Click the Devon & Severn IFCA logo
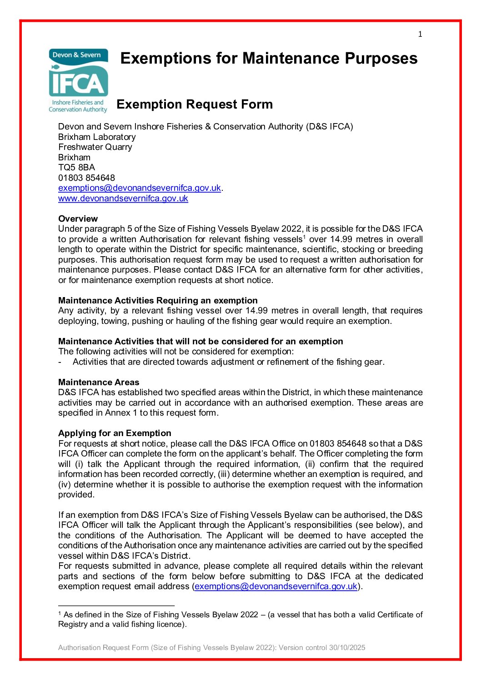click(78, 80)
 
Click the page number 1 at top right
click(420, 34)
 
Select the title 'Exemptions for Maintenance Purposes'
click(269, 59)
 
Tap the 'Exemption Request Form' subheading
click(195, 104)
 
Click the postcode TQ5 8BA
click(76, 168)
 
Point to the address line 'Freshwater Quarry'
click(95, 147)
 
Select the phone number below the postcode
click(86, 178)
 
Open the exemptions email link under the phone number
click(139, 188)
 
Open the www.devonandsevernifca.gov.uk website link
click(123, 199)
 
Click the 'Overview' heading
click(78, 218)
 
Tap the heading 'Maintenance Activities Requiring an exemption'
click(158, 300)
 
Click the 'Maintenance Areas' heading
click(99, 382)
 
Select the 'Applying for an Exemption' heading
click(115, 433)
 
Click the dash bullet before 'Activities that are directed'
click(60, 362)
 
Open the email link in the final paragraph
click(276, 586)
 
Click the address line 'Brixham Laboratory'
click(97, 137)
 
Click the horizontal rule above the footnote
click(116, 606)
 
